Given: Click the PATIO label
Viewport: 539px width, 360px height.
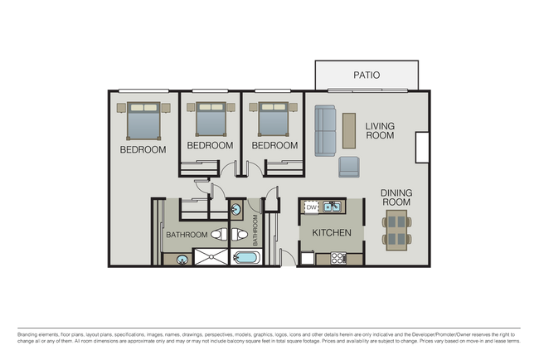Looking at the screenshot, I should (x=367, y=75).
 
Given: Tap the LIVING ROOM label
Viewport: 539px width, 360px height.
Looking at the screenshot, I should (x=380, y=130).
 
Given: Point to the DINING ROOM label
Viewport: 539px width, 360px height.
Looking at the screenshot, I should (x=396, y=197).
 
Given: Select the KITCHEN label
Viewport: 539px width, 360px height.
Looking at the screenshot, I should (x=332, y=233).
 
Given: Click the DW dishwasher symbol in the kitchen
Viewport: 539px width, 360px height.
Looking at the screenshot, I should (x=312, y=207).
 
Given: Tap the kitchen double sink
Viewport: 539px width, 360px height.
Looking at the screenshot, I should (x=333, y=207).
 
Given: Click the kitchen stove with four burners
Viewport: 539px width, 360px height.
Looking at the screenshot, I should (x=337, y=259).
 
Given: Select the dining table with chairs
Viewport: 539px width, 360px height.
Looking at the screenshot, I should (x=397, y=230).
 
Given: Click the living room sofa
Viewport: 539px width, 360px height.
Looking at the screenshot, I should (x=325, y=131).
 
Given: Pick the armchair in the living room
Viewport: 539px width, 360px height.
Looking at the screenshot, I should (x=349, y=168).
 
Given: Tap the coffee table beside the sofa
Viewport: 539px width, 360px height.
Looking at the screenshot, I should (x=348, y=129).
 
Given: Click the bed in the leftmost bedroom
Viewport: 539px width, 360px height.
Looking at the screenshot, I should (x=143, y=121).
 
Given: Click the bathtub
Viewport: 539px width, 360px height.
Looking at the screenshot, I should (x=245, y=258).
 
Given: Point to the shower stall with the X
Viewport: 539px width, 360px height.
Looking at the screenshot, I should (x=211, y=257).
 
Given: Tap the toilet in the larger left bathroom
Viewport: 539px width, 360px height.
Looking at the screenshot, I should (x=218, y=235).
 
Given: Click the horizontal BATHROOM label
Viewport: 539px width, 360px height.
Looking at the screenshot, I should (x=186, y=235).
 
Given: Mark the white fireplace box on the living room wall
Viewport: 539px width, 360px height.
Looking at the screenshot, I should (x=421, y=147).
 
